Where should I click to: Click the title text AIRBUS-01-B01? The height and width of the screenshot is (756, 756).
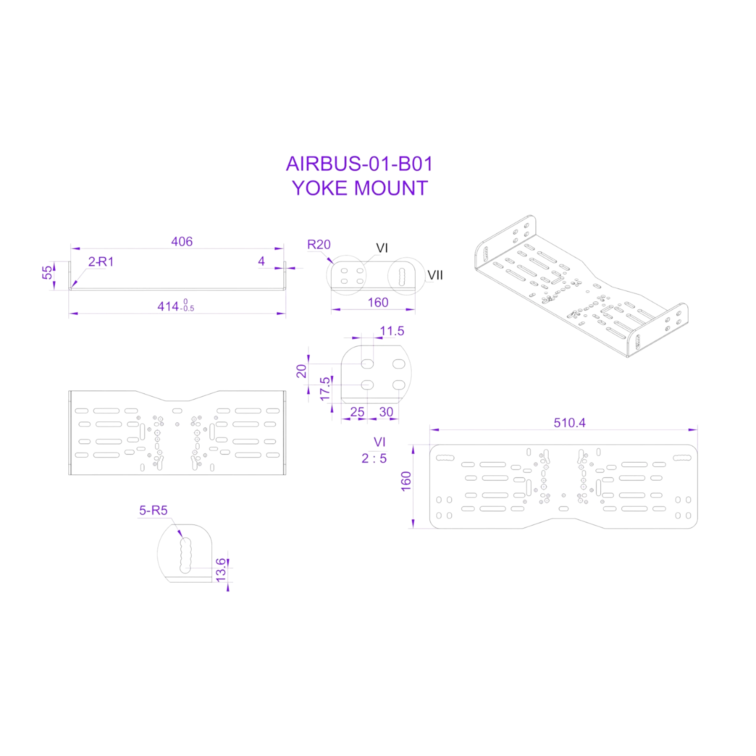point(359,164)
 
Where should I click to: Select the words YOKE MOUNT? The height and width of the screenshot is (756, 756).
point(359,188)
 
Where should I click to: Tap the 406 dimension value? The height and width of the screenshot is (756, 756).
point(181,241)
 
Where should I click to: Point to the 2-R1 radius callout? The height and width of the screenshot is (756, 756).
point(101,261)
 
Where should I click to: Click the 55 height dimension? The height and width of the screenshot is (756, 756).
point(47,272)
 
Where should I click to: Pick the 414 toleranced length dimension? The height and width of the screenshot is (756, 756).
point(175,306)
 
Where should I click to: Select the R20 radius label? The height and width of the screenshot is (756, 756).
point(319,244)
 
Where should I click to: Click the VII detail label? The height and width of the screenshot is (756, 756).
point(435,275)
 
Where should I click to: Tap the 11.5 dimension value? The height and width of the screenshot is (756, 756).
point(392,331)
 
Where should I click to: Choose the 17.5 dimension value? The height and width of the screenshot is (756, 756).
point(325,388)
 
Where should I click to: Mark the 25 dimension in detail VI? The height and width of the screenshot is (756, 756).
point(357,412)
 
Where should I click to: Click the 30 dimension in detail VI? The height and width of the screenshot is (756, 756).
point(386,412)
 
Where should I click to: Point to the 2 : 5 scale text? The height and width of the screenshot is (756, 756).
point(374,458)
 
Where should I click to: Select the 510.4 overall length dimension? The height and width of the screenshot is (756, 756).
point(569,423)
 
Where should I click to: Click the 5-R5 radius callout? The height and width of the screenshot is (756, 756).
point(153,510)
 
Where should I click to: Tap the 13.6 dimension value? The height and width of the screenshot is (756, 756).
point(221,570)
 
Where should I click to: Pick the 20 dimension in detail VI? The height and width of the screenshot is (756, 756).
point(301,371)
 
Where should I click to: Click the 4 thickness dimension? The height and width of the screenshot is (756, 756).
point(261,261)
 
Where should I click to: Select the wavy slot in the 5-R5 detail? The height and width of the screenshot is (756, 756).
point(185,555)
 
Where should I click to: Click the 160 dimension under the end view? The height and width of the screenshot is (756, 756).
point(378,302)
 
